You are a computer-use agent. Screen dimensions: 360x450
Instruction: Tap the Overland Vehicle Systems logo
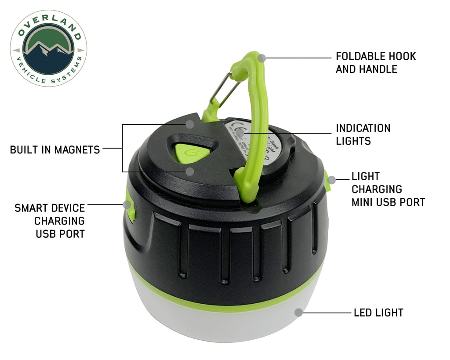click(x=48, y=48)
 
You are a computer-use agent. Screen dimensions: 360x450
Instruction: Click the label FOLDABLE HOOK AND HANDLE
click(x=375, y=62)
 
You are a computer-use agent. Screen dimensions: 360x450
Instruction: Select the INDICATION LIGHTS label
click(x=363, y=135)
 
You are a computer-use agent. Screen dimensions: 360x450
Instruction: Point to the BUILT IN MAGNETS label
click(x=55, y=149)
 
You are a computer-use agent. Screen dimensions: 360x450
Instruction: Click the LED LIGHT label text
click(x=378, y=313)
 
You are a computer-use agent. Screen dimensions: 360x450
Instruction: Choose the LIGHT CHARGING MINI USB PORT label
click(x=388, y=189)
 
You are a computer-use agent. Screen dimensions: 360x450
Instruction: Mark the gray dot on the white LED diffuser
click(x=299, y=313)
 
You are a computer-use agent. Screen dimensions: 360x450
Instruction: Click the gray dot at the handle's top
click(x=262, y=58)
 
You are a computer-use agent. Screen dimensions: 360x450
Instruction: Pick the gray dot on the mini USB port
click(x=332, y=179)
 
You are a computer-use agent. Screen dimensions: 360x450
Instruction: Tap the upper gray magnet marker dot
click(x=189, y=124)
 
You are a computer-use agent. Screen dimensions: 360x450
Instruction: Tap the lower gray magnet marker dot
click(x=189, y=171)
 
